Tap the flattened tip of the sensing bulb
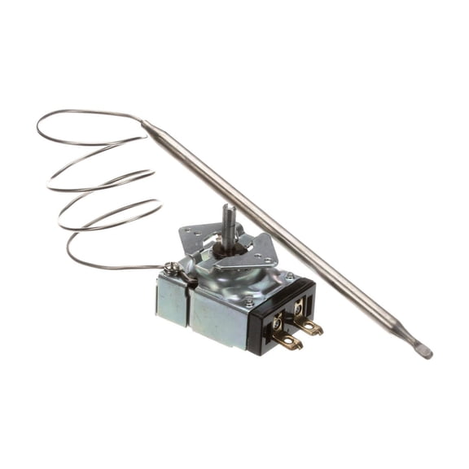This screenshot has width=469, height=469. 423,352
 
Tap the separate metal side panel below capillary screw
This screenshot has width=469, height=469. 172,300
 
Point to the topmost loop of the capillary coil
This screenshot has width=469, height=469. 90,114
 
